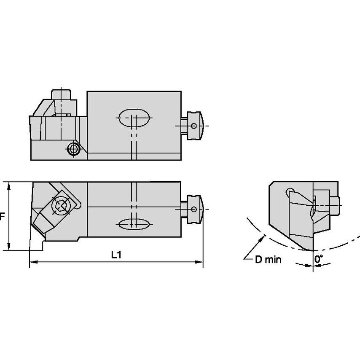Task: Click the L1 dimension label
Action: [116, 255]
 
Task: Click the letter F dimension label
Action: [2, 216]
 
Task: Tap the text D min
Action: [268, 259]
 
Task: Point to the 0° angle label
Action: [319, 260]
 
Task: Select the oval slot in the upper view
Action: [134, 118]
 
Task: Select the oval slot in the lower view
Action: [134, 224]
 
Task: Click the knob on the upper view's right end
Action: [194, 126]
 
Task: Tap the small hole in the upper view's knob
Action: [193, 126]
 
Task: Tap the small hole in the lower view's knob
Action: [193, 210]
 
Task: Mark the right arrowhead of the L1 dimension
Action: [200, 262]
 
